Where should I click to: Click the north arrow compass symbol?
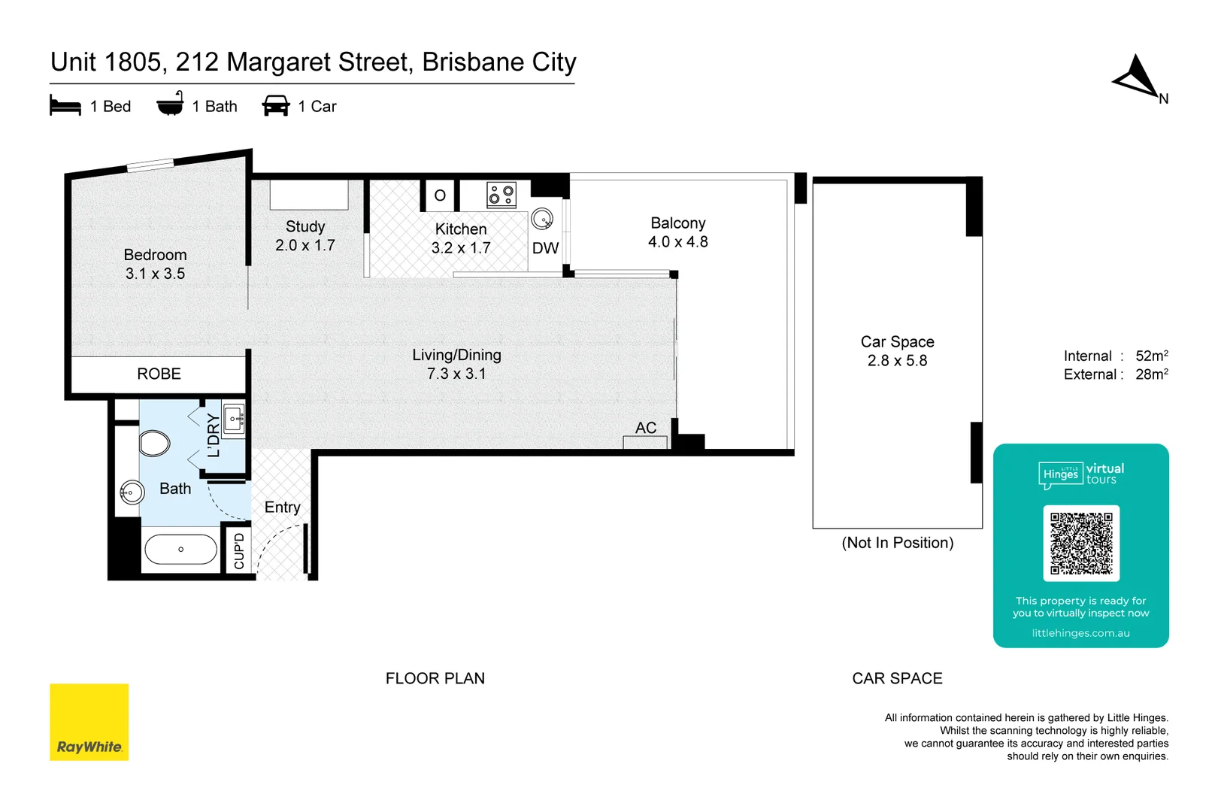(1138, 77)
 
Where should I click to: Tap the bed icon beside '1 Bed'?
(65, 105)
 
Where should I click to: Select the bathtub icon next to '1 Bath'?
(170, 105)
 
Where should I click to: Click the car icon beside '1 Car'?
(276, 105)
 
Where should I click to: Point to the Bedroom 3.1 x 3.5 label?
(155, 264)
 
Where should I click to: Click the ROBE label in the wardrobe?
(159, 374)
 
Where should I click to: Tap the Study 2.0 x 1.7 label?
(305, 235)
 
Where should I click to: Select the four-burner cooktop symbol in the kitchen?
(501, 195)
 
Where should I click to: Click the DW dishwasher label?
(545, 248)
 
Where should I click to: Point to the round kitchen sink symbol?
(542, 220)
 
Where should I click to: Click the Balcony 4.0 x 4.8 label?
(678, 232)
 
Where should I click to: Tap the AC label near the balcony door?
(646, 428)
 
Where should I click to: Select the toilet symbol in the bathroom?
(155, 443)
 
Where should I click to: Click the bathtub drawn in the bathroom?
(180, 550)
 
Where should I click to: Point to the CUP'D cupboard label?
(239, 551)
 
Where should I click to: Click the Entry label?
(282, 507)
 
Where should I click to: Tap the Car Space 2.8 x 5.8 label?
(897, 351)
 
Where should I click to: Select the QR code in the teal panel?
(1081, 543)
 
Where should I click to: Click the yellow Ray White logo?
(89, 722)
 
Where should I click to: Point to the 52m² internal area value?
(1151, 356)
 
